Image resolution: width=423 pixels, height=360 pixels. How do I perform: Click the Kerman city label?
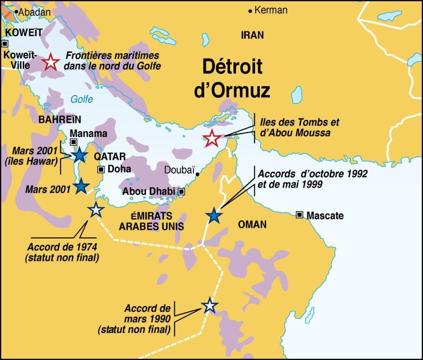271,10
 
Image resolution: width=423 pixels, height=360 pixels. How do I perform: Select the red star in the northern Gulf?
51,62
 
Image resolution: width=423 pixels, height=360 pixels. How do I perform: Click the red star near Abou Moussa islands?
212,138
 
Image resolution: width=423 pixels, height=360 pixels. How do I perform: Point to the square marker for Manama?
74,142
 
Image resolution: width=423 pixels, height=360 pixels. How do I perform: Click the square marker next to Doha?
101,169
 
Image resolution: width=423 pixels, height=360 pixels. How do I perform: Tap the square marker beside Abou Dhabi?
181,192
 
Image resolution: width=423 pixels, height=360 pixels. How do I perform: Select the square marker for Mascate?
299,215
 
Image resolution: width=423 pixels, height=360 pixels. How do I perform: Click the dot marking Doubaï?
198,174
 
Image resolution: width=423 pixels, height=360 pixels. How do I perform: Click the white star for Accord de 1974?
96,210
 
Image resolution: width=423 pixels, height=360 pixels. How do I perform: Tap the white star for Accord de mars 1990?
209,305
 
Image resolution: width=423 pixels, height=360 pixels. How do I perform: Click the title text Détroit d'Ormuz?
232,78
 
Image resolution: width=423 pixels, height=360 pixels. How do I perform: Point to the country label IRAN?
252,35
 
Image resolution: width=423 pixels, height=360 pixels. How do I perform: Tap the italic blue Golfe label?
82,99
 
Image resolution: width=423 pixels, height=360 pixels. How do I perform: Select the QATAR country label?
110,156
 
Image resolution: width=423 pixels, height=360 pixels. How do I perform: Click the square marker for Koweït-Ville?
5,43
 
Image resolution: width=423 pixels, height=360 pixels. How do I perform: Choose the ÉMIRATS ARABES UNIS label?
151,221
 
